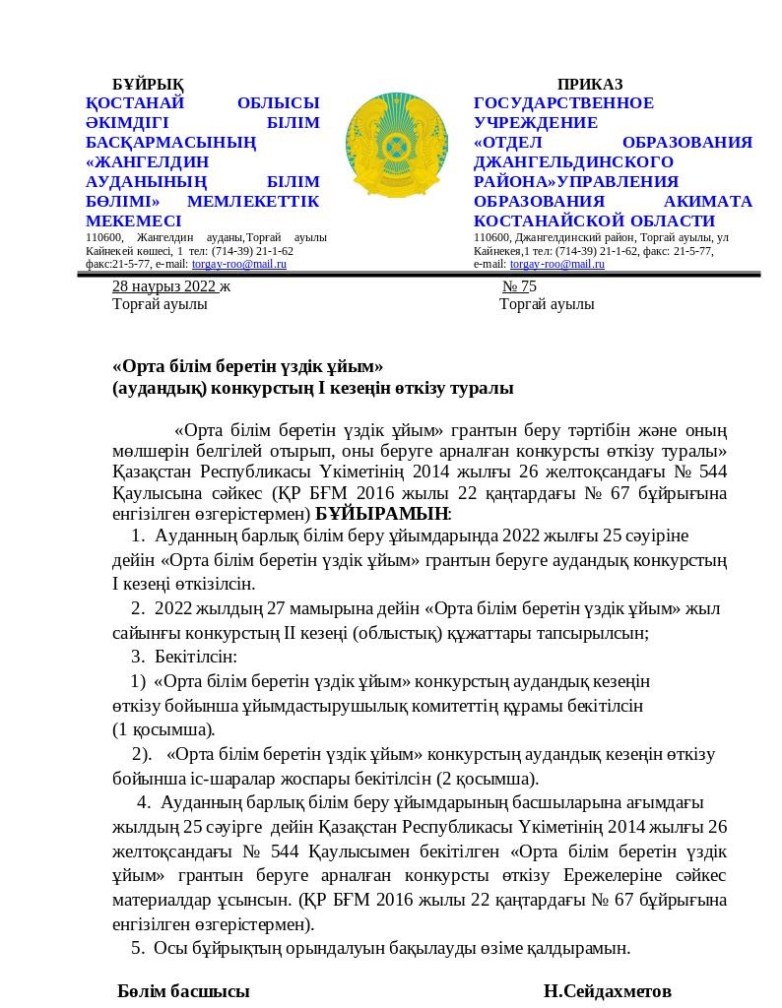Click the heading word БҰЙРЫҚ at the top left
(148, 85)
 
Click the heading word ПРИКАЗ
(590, 85)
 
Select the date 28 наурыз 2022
(163, 286)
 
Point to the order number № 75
(519, 286)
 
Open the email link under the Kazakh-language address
(239, 264)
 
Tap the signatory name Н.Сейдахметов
(607, 990)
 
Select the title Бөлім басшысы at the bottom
(183, 990)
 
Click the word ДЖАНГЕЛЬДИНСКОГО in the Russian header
(573, 162)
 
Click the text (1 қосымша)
(163, 729)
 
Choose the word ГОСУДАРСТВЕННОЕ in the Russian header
(563, 103)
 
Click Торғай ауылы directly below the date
(160, 304)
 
